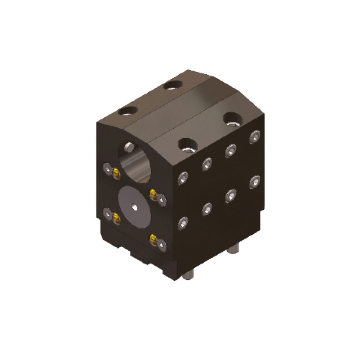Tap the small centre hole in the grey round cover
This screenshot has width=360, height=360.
pos(135,207)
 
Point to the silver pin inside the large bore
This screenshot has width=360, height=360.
pos(129,146)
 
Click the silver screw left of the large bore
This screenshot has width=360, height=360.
pos(108,168)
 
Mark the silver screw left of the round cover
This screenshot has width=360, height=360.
pos(108,213)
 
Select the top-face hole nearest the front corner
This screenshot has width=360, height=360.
pos(187,144)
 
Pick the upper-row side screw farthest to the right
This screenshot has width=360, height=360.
pos(255,135)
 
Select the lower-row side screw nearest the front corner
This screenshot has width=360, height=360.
pos(183,223)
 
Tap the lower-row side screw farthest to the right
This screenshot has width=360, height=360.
pos(255,180)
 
